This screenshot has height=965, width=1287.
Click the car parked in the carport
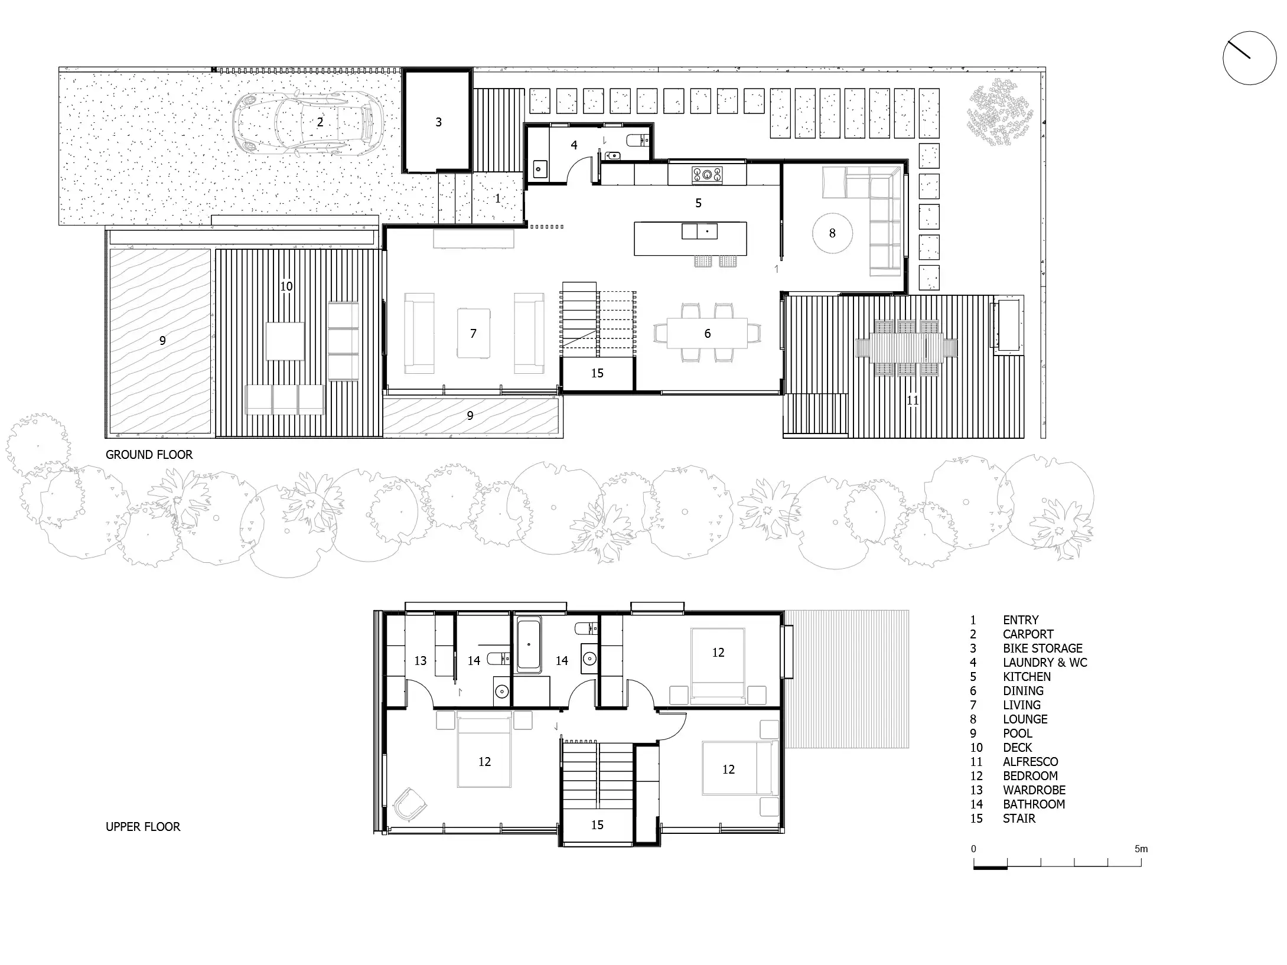click(308, 123)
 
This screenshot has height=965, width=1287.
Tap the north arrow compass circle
click(1249, 58)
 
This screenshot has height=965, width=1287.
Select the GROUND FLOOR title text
click(149, 455)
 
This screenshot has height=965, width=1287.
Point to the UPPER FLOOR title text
click(143, 827)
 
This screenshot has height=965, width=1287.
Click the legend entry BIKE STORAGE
click(1042, 648)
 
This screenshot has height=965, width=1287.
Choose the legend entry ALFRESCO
click(1030, 762)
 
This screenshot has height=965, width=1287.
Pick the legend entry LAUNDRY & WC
click(1045, 663)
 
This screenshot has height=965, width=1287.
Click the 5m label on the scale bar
click(1141, 849)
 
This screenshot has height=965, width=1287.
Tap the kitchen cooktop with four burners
click(707, 174)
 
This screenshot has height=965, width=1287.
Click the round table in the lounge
click(832, 233)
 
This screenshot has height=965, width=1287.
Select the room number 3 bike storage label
click(438, 122)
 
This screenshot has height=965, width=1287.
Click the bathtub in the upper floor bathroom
click(529, 645)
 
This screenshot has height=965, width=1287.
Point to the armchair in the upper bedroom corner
click(409, 804)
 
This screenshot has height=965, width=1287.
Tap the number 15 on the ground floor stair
click(597, 373)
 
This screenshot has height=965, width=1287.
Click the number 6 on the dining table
click(707, 334)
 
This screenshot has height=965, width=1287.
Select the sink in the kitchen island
click(699, 230)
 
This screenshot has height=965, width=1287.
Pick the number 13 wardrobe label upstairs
click(420, 661)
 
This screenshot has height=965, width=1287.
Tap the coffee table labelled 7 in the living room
click(473, 334)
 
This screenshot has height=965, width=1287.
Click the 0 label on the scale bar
click(973, 849)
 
